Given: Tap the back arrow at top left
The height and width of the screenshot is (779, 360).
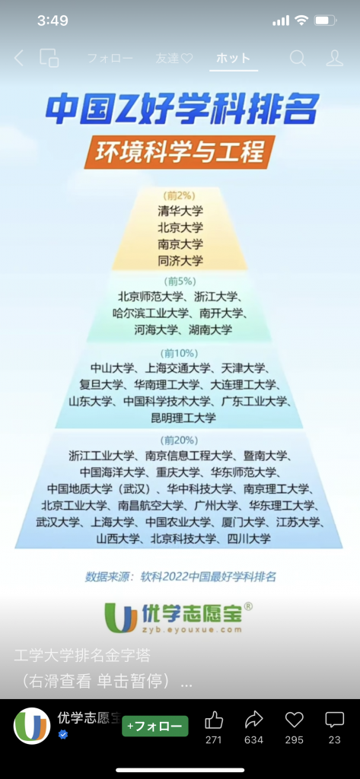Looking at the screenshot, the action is (x=18, y=58).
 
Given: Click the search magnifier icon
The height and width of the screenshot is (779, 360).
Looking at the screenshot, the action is (x=298, y=58).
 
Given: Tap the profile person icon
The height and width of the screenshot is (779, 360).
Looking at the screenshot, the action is (x=335, y=58).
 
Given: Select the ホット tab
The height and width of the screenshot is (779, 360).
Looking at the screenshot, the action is (x=233, y=58).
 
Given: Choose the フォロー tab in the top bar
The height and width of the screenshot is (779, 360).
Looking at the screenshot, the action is (x=110, y=58).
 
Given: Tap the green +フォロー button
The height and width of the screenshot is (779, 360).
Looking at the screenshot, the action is (x=155, y=726).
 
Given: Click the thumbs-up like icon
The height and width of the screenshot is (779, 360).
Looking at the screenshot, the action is (x=214, y=720).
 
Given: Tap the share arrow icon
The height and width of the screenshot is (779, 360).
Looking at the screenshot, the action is (x=253, y=720).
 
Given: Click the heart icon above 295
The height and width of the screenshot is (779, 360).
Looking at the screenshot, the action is (x=295, y=720).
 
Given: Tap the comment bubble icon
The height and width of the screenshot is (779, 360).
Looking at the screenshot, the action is (x=334, y=720).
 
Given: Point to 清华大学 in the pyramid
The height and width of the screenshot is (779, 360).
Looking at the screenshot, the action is (x=180, y=211).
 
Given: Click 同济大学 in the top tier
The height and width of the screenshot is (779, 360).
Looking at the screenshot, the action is (x=180, y=260).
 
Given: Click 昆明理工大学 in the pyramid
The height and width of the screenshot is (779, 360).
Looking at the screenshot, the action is (x=183, y=418).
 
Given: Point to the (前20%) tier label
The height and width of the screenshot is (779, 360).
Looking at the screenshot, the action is (x=179, y=440).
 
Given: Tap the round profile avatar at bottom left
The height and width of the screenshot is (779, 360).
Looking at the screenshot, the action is (x=32, y=725).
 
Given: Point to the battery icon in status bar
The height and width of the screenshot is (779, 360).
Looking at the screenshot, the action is (x=327, y=21).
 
